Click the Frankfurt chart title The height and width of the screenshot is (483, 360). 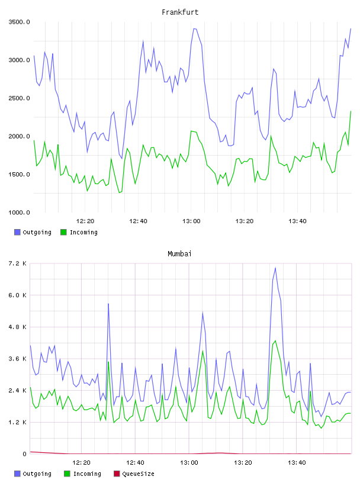coord(180,12)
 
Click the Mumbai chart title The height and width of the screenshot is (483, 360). coord(179,253)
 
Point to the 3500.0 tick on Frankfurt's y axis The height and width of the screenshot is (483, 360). coord(19,22)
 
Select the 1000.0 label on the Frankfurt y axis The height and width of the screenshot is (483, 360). coord(19,212)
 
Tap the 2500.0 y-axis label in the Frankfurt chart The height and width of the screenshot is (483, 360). coord(19,98)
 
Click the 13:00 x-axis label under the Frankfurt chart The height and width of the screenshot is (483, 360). coord(191,221)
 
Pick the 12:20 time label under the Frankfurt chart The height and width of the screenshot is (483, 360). coord(85,221)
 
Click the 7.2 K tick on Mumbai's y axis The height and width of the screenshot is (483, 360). coord(18,263)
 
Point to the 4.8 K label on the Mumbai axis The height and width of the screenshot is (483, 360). coord(18,327)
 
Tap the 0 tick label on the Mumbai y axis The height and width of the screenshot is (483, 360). coord(24,454)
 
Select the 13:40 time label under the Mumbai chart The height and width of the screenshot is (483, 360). coord(297,463)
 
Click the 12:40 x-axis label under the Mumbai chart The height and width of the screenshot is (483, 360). coord(135,463)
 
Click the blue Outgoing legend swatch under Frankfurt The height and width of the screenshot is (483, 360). coord(17,232)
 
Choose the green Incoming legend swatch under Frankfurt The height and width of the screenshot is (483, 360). coord(63,232)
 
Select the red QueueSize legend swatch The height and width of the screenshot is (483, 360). coord(117,474)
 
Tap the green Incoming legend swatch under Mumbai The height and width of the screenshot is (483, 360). coord(67,474)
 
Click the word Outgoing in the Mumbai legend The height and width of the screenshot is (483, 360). coord(37,474)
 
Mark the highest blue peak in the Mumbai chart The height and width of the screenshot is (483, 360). coord(275,268)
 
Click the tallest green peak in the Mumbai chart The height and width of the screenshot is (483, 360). coord(275,341)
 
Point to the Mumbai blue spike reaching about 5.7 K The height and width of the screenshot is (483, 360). coord(108,304)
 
